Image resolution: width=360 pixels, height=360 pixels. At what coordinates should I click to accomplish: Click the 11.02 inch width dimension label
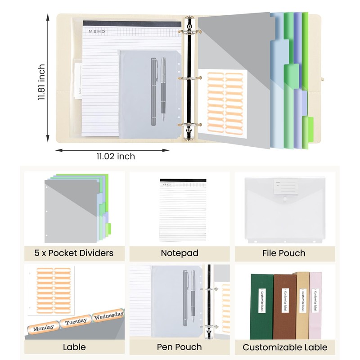(x=115, y=157)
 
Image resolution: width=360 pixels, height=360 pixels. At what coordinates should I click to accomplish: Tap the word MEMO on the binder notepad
(x=97, y=31)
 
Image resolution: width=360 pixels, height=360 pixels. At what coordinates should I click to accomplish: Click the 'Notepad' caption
(x=180, y=253)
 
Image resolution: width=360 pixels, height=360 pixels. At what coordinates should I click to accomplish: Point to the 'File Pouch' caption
(x=284, y=253)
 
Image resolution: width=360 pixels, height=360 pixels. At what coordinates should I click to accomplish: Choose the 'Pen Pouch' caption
(x=179, y=347)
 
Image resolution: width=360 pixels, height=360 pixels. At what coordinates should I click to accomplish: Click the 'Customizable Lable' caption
(x=285, y=347)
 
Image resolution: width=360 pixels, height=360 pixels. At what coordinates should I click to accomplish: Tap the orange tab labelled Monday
(x=44, y=327)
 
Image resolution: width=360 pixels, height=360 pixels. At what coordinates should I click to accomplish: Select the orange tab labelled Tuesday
(x=76, y=322)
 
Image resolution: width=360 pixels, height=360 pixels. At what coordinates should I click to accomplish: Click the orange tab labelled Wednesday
(x=108, y=316)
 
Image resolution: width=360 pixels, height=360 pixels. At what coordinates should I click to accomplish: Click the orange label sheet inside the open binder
(x=222, y=103)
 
